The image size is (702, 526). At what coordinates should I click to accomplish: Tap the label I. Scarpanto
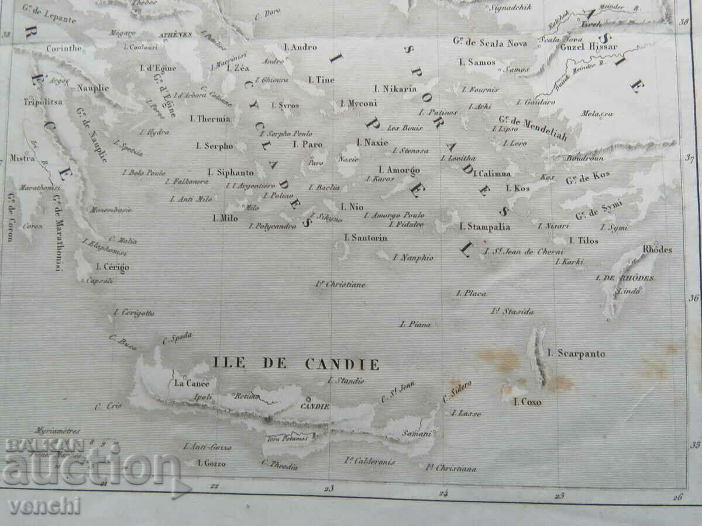click(x=576, y=354)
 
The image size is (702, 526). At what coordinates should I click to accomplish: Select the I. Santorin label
click(x=366, y=237)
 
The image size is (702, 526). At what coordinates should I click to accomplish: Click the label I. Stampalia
click(x=485, y=227)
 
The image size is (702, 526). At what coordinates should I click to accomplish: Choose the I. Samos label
click(x=477, y=62)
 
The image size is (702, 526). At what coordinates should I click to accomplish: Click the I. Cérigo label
click(x=113, y=267)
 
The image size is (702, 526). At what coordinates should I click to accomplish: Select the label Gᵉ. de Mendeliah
click(x=533, y=127)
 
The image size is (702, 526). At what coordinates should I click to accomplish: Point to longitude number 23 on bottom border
click(x=329, y=489)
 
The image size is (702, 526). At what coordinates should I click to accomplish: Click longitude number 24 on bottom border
click(x=444, y=493)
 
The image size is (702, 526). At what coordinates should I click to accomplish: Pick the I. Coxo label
click(x=527, y=402)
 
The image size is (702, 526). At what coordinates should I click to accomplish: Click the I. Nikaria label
click(x=396, y=89)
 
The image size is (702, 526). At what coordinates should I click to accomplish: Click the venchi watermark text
click(x=44, y=506)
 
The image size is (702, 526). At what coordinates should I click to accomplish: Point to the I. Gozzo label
click(x=211, y=463)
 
